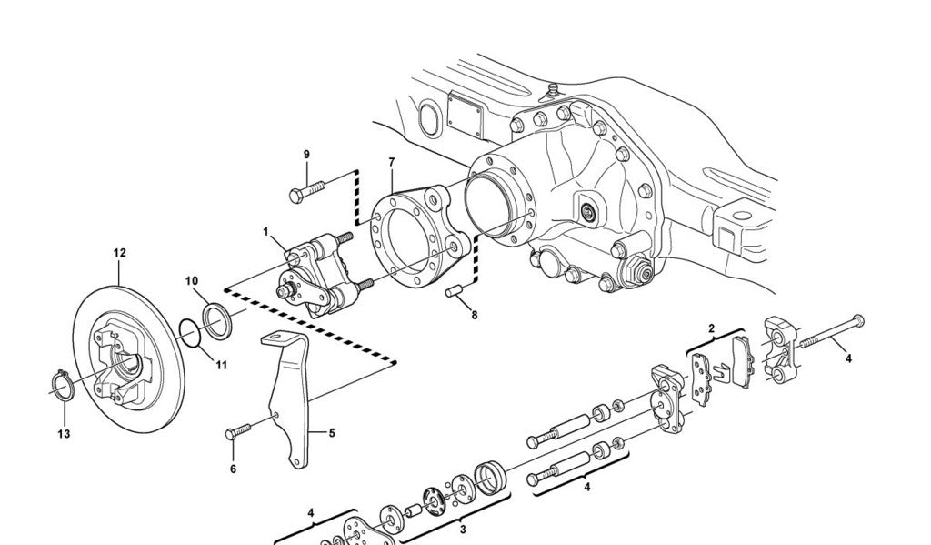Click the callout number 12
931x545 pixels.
pos(119,253)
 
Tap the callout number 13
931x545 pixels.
pos(64,434)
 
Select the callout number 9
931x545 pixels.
pos(306,154)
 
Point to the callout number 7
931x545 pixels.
pos(392,162)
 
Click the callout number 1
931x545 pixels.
pos(266,232)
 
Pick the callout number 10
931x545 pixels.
pos(192,280)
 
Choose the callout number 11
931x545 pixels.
pos(222,365)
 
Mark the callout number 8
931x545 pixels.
pos(473,315)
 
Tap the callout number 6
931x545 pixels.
pos(233,469)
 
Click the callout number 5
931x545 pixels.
pos(332,433)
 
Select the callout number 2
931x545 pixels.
pos(711,328)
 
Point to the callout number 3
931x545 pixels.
pos(462,528)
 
